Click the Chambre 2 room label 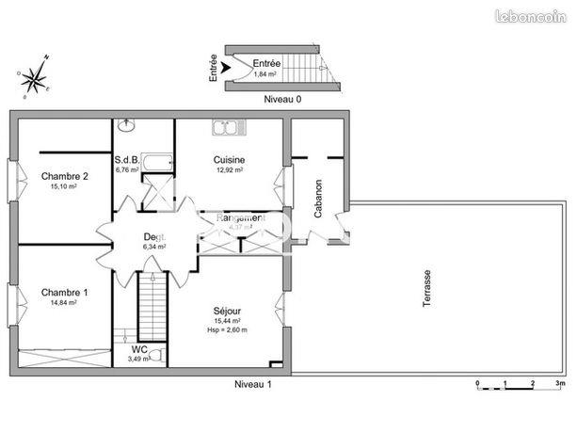pos(65,176)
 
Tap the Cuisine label pos(229,160)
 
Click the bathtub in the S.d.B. pos(157,164)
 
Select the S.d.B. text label pos(127,160)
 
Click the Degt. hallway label pos(154,237)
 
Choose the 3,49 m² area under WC pos(127,359)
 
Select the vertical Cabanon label pos(319,199)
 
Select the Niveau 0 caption pos(283,97)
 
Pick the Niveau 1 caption pos(253,385)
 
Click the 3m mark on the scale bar pos(561,384)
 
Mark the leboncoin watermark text pos(537,11)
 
